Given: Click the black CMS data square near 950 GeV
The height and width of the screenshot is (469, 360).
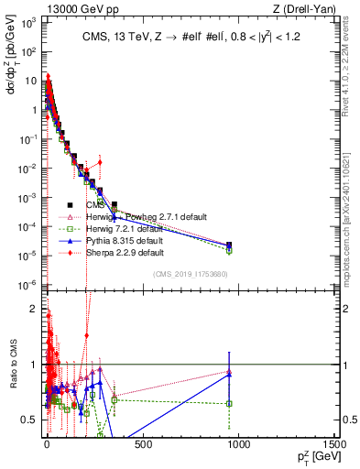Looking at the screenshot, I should point(229,245).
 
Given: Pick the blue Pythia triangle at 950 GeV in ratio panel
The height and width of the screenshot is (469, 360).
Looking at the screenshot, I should point(229,374).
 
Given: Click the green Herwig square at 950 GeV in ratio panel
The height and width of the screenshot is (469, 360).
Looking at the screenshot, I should point(229,403).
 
